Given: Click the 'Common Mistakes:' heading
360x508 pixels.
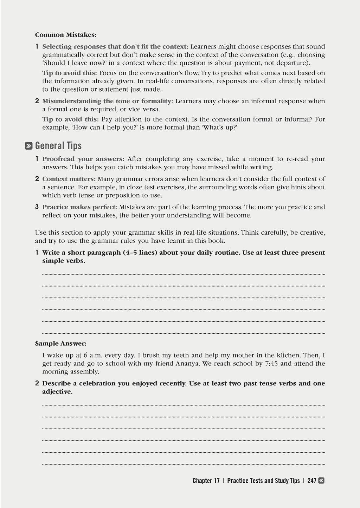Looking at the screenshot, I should pyautogui.click(x=66, y=35).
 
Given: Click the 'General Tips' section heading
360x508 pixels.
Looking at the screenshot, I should pyautogui.click(x=58, y=146).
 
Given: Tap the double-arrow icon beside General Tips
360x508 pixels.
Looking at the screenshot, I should pyautogui.click(x=29, y=146).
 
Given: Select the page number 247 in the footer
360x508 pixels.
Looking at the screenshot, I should pyautogui.click(x=312, y=481).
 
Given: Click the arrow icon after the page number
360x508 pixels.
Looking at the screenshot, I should pyautogui.click(x=321, y=481).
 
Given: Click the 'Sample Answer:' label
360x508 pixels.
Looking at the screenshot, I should pyautogui.click(x=61, y=343).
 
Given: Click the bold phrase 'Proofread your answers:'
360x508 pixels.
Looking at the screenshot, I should pyautogui.click(x=83, y=159).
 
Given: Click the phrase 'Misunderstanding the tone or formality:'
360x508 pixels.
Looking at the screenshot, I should pyautogui.click(x=108, y=101).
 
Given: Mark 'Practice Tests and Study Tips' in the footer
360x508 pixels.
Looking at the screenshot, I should pyautogui.click(x=263, y=481).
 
